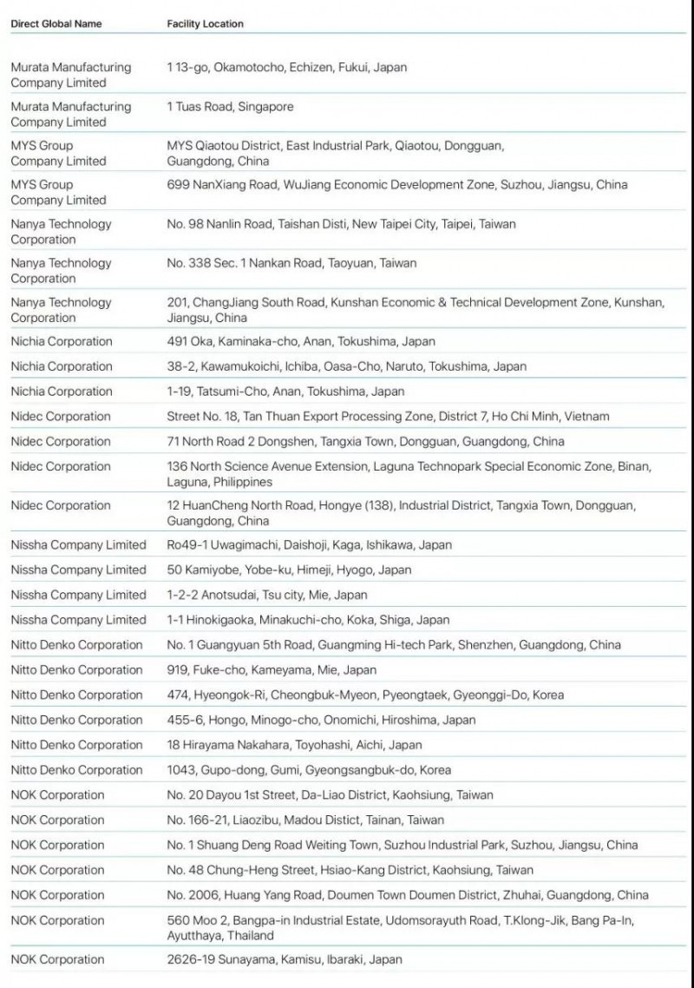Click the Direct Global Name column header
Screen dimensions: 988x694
pyautogui.click(x=56, y=24)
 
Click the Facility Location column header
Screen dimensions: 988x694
pyautogui.click(x=205, y=24)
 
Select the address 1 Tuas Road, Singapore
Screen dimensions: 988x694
pyautogui.click(x=230, y=107)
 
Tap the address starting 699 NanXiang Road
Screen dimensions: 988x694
pyautogui.click(x=396, y=185)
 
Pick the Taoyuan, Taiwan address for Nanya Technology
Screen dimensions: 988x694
pyautogui.click(x=291, y=263)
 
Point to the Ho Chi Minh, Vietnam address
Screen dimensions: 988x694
pyautogui.click(x=388, y=417)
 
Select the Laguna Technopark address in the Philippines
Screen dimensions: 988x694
pyautogui.click(x=416, y=474)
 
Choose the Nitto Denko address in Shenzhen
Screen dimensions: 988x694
pyautogui.click(x=394, y=645)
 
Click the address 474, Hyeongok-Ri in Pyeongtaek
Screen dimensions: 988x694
pyautogui.click(x=365, y=695)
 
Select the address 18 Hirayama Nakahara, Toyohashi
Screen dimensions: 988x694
pyautogui.click(x=294, y=745)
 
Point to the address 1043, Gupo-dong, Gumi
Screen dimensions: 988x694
pyautogui.click(x=309, y=770)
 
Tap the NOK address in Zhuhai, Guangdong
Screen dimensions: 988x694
pyautogui.click(x=408, y=895)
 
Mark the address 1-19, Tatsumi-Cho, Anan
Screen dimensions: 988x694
pyautogui.click(x=285, y=392)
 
